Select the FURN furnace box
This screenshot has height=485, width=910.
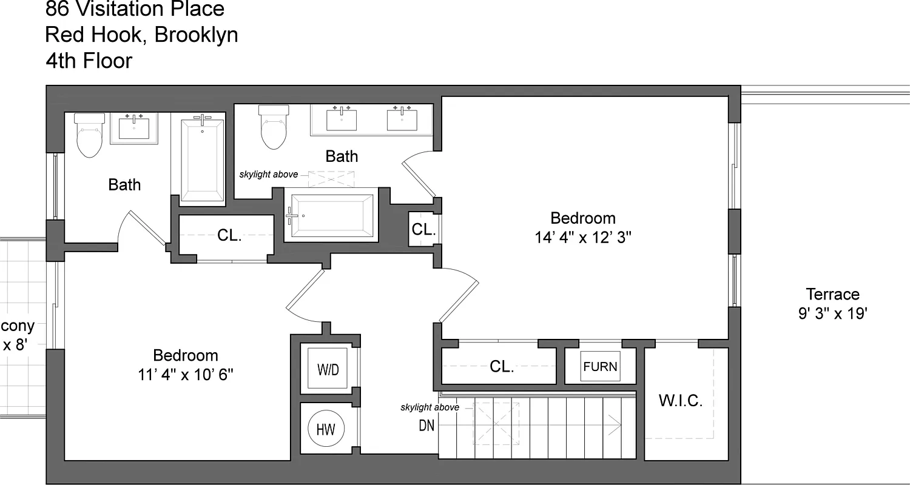click(600, 366)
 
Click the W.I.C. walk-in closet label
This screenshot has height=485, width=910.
click(681, 401)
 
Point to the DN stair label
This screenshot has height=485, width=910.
click(426, 426)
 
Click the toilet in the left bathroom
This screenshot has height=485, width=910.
click(89, 136)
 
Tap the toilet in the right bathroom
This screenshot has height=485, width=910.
click(273, 128)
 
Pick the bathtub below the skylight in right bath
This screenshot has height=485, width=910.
click(332, 216)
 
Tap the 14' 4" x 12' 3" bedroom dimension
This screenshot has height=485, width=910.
click(583, 238)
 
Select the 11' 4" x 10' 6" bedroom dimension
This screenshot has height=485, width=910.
click(186, 375)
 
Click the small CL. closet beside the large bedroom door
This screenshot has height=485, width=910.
click(423, 229)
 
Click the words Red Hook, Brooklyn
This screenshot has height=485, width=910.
click(141, 35)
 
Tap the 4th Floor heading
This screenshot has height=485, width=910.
click(89, 61)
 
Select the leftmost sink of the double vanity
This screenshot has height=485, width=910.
click(342, 119)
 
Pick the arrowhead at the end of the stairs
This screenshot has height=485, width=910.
click(617, 425)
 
